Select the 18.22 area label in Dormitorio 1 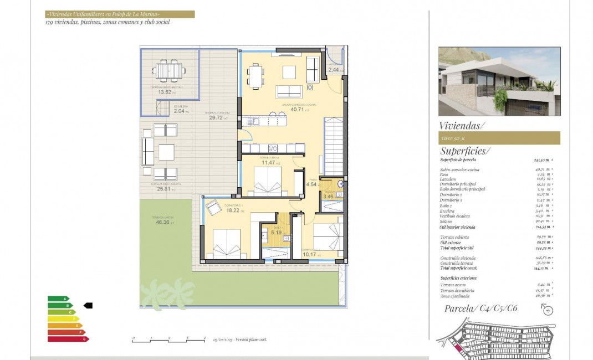point(232,210)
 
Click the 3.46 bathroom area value point(328,196)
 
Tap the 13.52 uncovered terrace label point(164,92)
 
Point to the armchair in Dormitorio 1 point(213,209)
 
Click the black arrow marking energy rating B point(88,305)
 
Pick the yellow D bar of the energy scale point(63,318)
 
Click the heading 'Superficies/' point(465,151)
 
